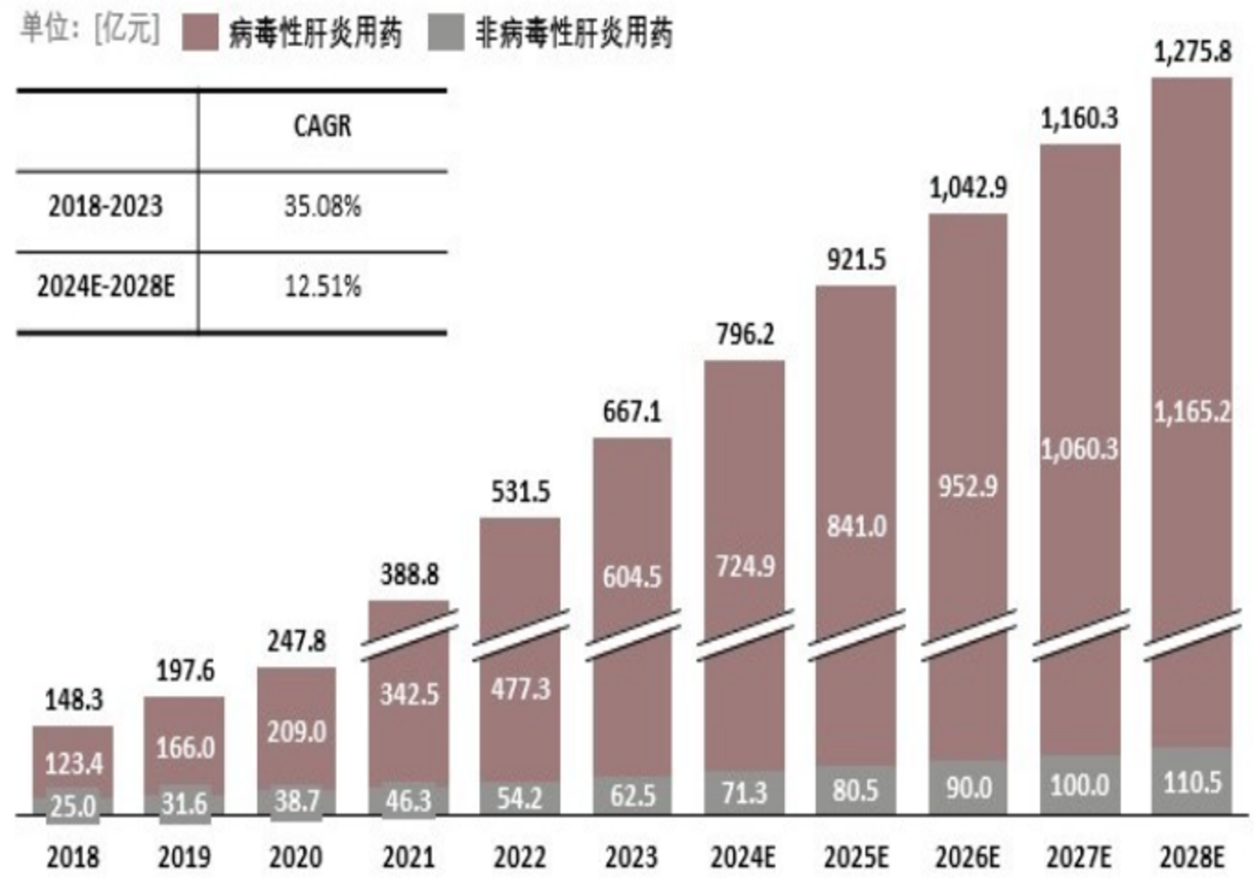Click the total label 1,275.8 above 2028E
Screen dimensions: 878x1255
1192,51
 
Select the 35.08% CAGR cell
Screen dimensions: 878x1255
322,206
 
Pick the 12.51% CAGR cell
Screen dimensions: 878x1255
322,287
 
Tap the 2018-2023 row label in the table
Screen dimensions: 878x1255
106,206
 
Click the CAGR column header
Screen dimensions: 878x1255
322,126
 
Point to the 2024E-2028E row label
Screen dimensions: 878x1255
106,287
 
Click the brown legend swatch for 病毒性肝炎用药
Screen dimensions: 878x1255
199,33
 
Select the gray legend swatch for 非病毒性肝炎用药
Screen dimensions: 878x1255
446,33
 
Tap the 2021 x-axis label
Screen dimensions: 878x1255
408,857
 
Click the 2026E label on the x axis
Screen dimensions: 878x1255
967,857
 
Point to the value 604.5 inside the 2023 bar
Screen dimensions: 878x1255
632,577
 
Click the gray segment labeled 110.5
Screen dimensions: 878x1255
1192,782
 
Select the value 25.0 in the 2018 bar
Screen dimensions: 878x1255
73,805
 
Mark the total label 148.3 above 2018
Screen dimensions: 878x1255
74,700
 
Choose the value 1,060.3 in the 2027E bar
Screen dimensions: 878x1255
1079,448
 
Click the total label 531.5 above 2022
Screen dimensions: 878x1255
520,491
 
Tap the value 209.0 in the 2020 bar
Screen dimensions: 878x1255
296,732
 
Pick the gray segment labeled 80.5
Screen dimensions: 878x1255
855,789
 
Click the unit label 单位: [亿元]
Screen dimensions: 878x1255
90,29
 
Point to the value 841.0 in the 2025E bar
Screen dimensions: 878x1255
856,526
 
